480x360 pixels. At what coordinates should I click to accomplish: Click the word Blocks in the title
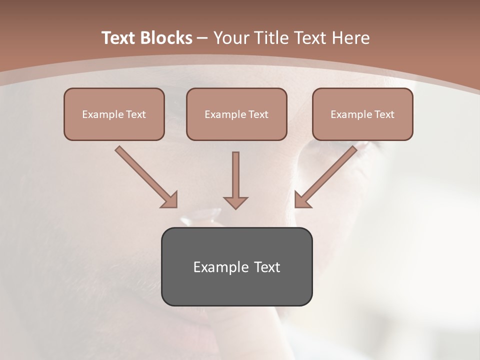[x=167, y=38]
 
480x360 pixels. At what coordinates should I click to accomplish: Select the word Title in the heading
[x=272, y=38]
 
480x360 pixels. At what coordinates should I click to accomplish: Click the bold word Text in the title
[x=119, y=38]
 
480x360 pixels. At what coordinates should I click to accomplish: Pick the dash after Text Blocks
[x=202, y=38]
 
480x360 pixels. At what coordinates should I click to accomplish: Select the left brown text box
[x=114, y=114]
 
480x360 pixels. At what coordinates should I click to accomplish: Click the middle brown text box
[x=236, y=114]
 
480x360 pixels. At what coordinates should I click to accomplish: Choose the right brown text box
[x=362, y=114]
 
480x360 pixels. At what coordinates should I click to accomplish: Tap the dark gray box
[x=236, y=266]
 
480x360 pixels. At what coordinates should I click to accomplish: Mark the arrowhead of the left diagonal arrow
[x=170, y=200]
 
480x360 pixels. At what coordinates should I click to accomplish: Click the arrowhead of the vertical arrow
[x=235, y=202]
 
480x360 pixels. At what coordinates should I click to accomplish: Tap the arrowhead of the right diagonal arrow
[x=302, y=200]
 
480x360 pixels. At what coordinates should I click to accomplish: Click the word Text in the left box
[x=136, y=114]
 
